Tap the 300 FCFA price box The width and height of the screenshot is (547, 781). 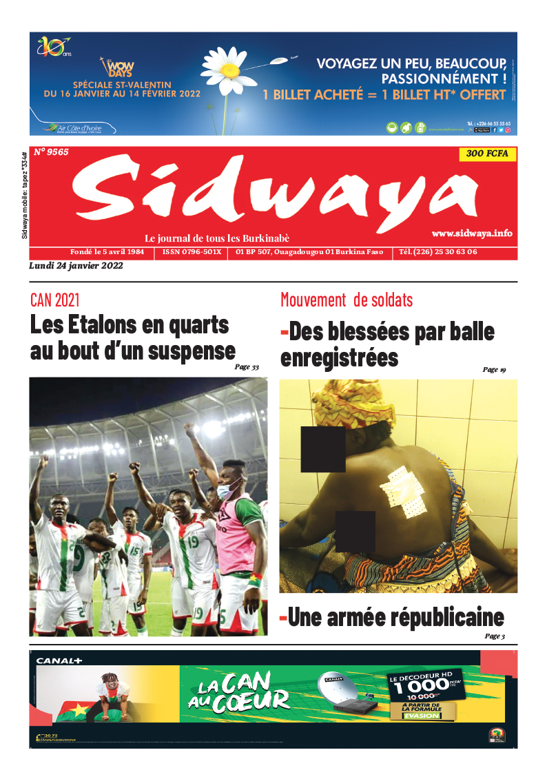[x=487, y=154]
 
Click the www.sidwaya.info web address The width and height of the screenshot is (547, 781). [x=472, y=233]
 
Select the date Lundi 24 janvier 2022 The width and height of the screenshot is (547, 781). [x=76, y=267]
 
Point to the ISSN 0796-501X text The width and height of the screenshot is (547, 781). [x=192, y=252]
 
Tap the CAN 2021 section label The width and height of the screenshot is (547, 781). [x=55, y=300]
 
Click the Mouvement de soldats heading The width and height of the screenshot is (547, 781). [x=347, y=300]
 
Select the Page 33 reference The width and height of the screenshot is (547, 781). [x=247, y=367]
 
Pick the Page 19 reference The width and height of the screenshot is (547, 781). [x=494, y=370]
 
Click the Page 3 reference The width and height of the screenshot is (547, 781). [x=494, y=636]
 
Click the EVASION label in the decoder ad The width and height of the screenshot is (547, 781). [x=422, y=716]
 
